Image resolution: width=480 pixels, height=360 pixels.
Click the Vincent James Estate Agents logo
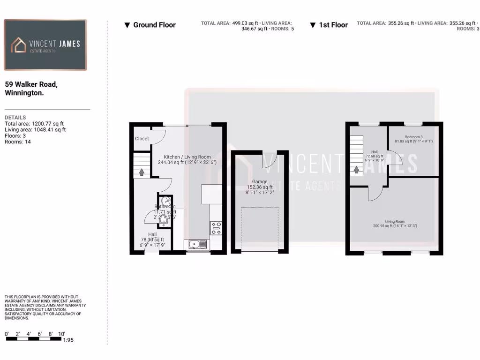pyautogui.click(x=45, y=45)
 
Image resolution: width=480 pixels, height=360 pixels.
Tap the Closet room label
pyautogui.click(x=142, y=139)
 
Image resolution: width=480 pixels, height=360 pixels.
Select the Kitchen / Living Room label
pyautogui.click(x=187, y=157)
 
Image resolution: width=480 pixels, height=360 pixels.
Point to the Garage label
pyautogui.click(x=260, y=181)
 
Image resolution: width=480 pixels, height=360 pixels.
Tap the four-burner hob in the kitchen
pyautogui.click(x=216, y=228)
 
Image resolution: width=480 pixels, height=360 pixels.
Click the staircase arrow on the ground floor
pyautogui.click(x=141, y=172)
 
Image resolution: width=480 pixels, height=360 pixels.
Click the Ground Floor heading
pyautogui.click(x=150, y=25)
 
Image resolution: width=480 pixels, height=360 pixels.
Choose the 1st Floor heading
pyautogui.click(x=329, y=25)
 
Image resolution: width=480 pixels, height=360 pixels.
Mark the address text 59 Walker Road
pyautogui.click(x=31, y=84)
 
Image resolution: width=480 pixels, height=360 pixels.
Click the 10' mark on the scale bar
pyautogui.click(x=61, y=334)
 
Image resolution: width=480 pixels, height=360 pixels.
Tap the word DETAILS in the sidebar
pyautogui.click(x=15, y=117)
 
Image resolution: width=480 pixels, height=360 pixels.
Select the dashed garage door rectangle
pyautogui.click(x=259, y=230)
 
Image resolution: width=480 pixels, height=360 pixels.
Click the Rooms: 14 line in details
pyautogui.click(x=18, y=142)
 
